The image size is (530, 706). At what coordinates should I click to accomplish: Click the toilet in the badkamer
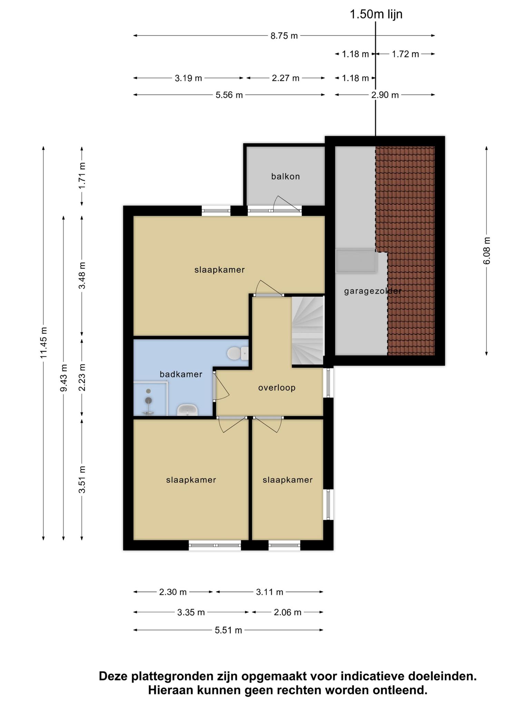238,353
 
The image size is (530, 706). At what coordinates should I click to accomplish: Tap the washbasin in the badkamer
187,410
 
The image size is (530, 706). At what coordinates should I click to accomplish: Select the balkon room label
285,176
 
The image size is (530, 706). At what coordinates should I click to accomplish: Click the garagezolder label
373,291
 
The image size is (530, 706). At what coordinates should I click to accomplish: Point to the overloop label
277,388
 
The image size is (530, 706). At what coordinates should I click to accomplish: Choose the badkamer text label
181,374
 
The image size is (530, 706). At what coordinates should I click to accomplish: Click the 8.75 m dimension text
284,36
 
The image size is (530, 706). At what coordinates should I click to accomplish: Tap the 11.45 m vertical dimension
44,342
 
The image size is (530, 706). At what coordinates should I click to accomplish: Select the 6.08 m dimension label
487,251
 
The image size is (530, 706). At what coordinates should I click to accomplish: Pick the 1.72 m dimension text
405,54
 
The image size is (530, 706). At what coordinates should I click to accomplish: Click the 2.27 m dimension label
285,78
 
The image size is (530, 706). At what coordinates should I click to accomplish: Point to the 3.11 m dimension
269,592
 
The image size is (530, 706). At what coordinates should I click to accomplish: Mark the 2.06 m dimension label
287,612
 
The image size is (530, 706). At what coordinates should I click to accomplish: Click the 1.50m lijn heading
376,14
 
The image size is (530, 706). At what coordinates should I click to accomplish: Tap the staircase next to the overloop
308,331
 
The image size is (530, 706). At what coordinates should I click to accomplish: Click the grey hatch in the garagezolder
356,261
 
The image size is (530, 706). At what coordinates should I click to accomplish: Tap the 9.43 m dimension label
64,378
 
